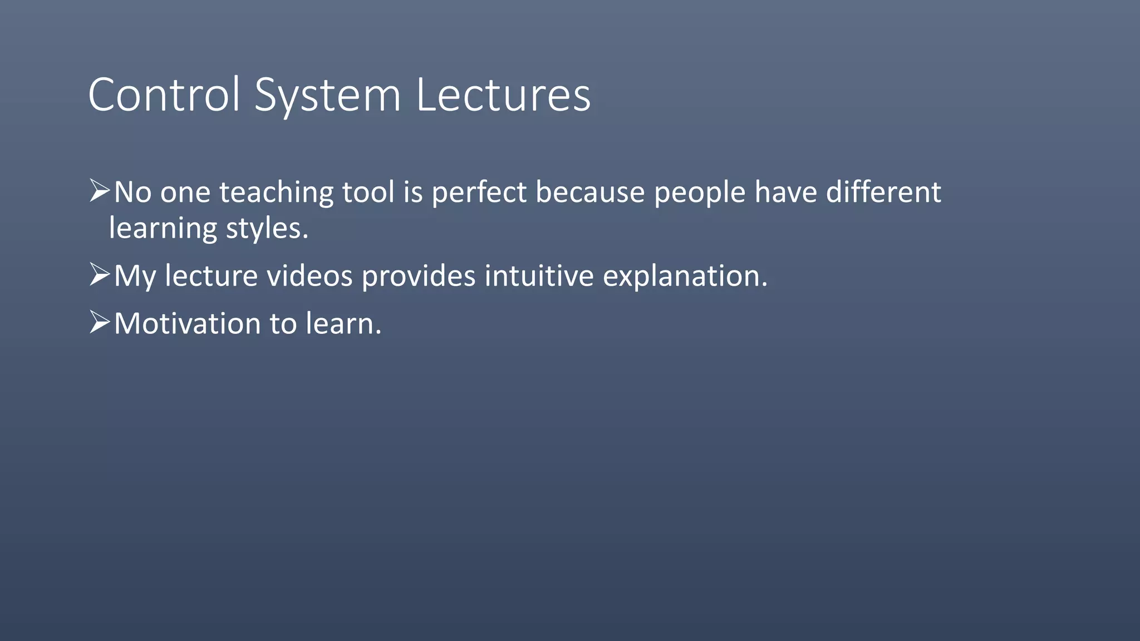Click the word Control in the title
(164, 95)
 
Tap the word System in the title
(327, 95)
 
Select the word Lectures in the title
(503, 95)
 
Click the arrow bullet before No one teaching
(100, 191)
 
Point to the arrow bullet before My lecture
(100, 275)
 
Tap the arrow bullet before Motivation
(100, 323)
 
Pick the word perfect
(479, 193)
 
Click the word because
(590, 193)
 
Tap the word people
(699, 194)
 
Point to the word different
(883, 193)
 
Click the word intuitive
(539, 276)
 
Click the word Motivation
(187, 324)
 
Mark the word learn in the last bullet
(343, 324)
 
